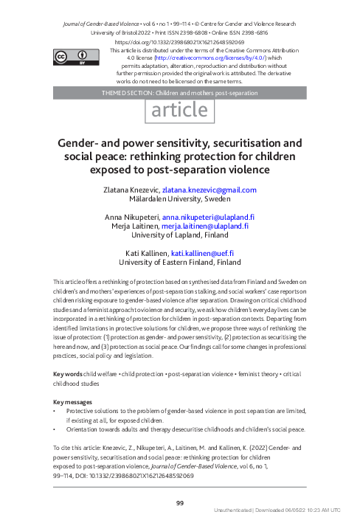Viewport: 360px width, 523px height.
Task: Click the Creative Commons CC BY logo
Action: tap(73, 55)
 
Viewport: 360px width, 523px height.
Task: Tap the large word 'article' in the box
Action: tap(180, 110)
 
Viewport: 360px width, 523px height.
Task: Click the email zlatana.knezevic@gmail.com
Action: tap(214, 190)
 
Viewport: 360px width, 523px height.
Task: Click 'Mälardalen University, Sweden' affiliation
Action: tap(180, 200)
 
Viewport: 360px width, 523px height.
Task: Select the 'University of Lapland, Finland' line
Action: tap(180, 237)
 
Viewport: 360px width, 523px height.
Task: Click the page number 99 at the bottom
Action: tap(180, 502)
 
